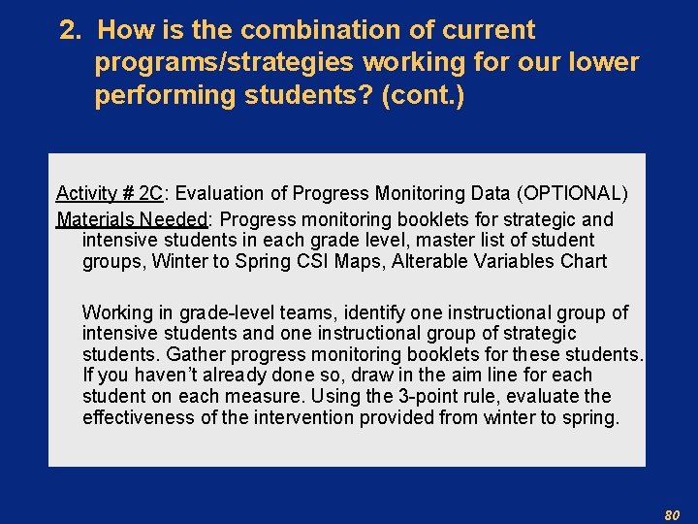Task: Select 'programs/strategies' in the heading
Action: pyautogui.click(x=224, y=63)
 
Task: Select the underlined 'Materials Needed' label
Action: pyautogui.click(x=131, y=219)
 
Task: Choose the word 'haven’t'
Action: pyautogui.click(x=155, y=375)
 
